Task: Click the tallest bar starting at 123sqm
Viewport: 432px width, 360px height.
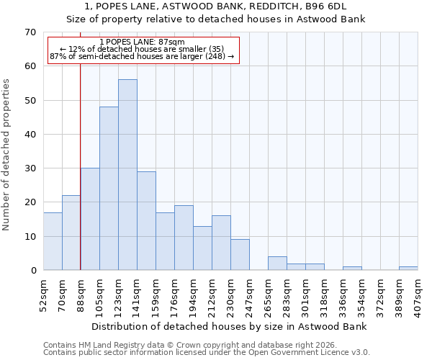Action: coord(127,175)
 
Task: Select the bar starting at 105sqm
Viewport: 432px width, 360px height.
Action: coord(109,189)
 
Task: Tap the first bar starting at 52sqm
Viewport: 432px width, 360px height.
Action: coord(53,241)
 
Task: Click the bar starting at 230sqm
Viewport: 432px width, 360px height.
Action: coord(240,255)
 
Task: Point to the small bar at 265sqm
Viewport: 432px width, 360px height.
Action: coord(277,264)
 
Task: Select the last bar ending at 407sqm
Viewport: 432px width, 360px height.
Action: coord(408,269)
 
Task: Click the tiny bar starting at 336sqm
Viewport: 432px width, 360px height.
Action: coord(352,269)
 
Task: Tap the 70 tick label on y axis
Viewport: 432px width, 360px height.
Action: coord(30,32)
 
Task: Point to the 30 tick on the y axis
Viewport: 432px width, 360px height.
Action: coord(30,168)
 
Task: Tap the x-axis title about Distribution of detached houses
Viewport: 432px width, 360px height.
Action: coord(230,326)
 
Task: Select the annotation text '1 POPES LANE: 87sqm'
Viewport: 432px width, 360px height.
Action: coord(142,42)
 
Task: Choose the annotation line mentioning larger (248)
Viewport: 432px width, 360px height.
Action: coord(142,56)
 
